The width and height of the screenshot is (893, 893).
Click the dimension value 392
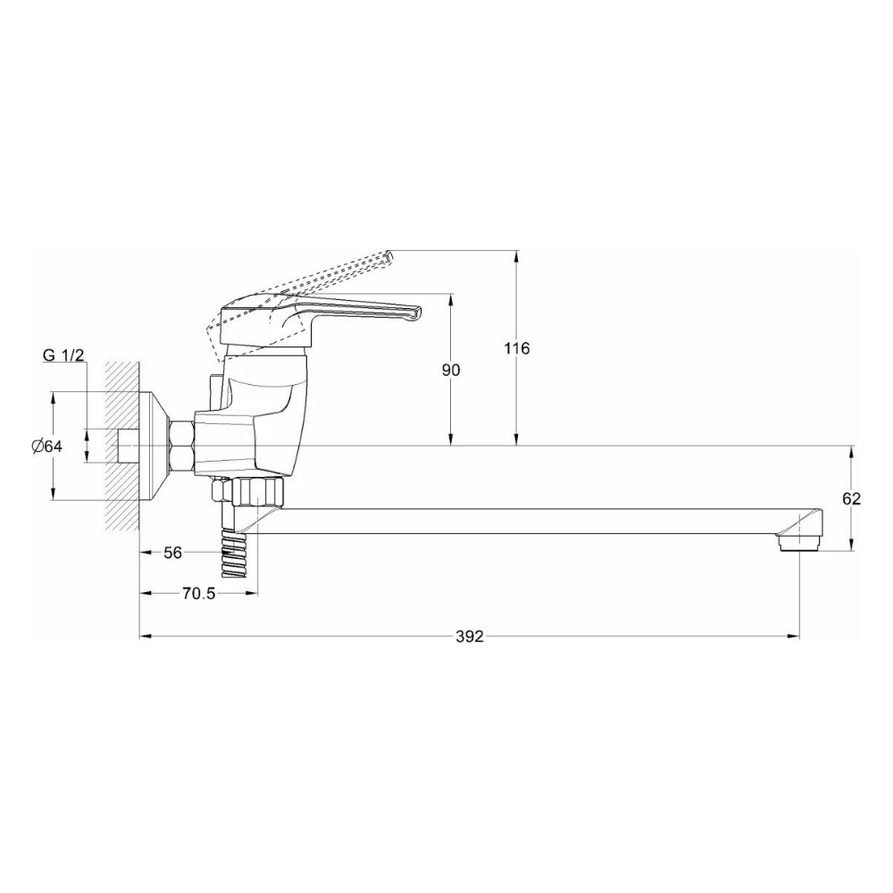(469, 637)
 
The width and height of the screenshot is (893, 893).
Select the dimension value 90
(451, 370)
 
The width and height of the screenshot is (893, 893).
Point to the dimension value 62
(851, 498)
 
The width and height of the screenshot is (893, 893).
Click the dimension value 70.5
(198, 594)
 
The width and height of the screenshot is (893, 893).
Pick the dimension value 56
(172, 553)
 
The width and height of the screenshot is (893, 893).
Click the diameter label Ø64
(46, 446)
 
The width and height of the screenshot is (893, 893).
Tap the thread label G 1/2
(63, 355)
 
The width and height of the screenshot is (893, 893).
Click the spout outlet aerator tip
(799, 541)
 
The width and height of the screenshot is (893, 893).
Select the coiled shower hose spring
(235, 554)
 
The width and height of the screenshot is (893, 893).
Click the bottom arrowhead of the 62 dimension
(852, 547)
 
